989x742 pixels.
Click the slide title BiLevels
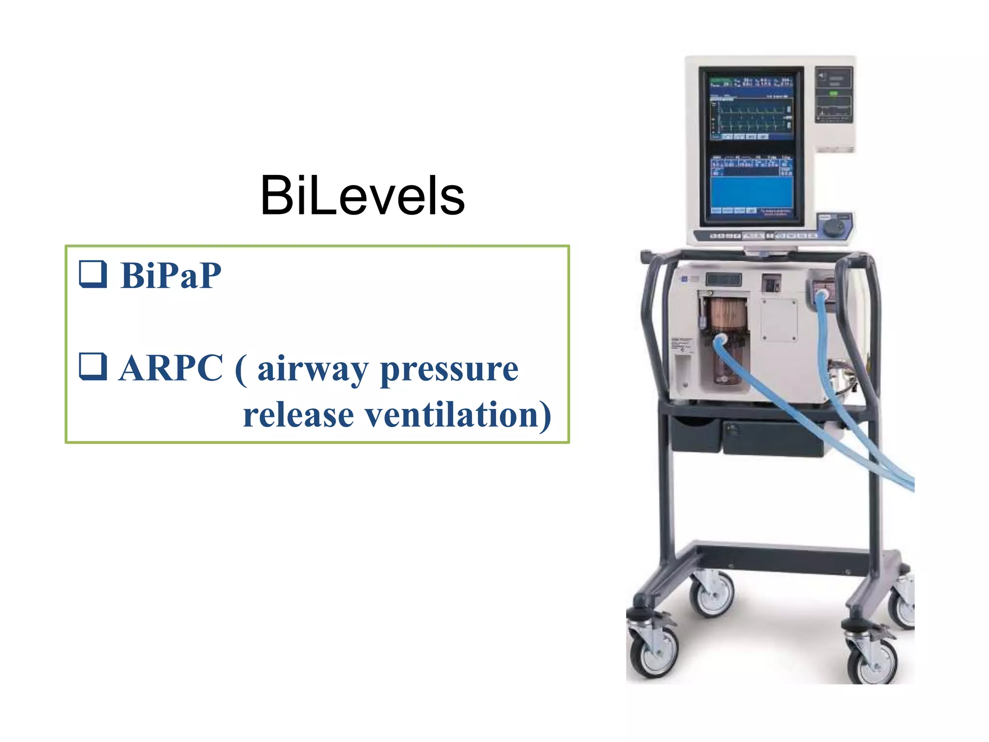click(x=362, y=196)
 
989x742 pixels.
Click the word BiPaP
click(x=171, y=275)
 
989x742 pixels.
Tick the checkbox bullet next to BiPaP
click(x=93, y=274)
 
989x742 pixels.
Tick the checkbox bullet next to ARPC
click(x=93, y=367)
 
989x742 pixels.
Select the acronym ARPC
click(x=171, y=368)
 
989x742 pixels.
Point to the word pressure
click(x=449, y=370)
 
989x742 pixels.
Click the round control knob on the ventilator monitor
click(x=833, y=226)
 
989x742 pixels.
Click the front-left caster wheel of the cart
click(x=654, y=652)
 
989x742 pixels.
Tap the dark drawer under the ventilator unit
click(x=773, y=437)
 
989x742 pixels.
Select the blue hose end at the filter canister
click(x=721, y=341)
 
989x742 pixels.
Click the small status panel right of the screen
click(x=834, y=94)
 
